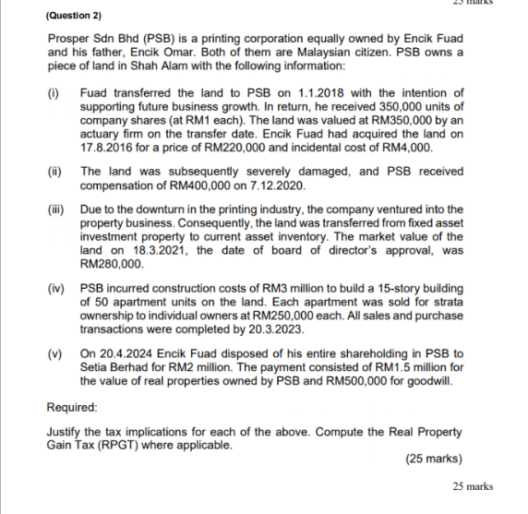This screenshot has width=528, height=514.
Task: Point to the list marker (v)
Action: [x=54, y=353]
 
